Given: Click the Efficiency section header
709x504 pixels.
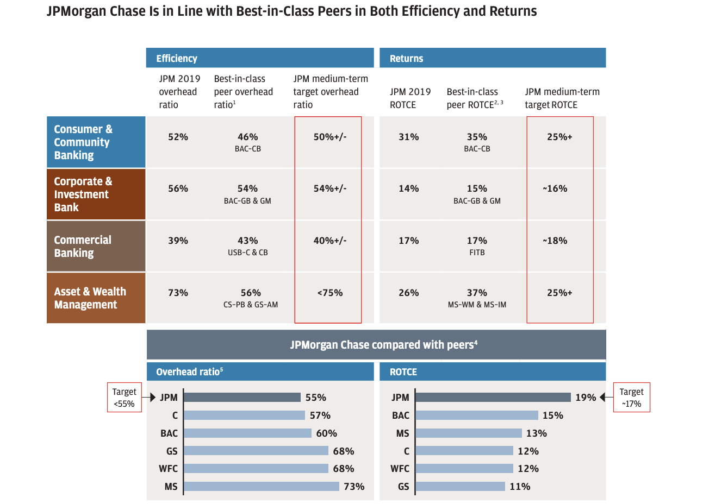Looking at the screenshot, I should tap(259, 58).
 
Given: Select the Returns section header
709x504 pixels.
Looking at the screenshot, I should tap(492, 58).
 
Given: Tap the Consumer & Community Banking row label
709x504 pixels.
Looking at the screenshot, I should tap(96, 142).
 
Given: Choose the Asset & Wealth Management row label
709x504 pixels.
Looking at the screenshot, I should tap(96, 298).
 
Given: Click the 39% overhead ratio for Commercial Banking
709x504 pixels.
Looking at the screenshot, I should tap(178, 241).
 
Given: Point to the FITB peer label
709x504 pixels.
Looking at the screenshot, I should tap(477, 253).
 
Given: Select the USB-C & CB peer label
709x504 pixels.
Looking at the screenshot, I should tap(247, 253).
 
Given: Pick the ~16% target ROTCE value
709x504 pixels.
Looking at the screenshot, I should tap(555, 188).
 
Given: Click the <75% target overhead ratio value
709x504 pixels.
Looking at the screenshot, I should tap(330, 293).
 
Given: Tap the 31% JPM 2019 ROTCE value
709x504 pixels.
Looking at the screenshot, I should tap(408, 137).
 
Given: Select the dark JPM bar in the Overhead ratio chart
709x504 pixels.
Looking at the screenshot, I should tap(242, 398).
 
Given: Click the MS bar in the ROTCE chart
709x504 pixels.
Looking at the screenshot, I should tap(469, 433).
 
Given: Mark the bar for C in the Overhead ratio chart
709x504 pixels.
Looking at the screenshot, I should tap(245, 415).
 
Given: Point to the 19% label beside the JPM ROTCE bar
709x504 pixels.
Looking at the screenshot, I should tap(586, 398).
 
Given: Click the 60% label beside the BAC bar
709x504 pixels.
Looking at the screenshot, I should tap(326, 433).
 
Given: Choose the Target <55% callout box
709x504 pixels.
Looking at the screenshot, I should tap(124, 398).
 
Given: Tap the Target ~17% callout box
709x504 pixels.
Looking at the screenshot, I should tap(631, 398).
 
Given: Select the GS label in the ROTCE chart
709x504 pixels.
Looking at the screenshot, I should tap(403, 487).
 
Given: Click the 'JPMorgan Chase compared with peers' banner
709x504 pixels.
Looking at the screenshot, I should tap(376, 345).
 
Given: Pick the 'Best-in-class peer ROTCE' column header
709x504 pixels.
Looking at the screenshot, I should tap(474, 98).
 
